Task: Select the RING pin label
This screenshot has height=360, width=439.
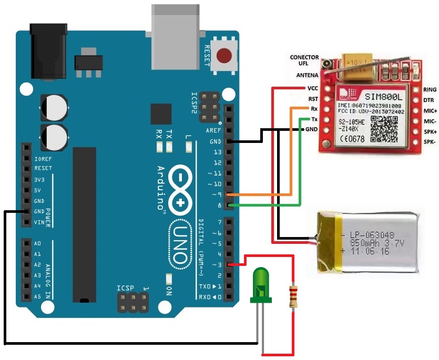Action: point(430,90)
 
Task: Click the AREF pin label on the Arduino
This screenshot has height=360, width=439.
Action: point(213,130)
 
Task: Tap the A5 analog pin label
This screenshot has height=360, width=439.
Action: point(37,296)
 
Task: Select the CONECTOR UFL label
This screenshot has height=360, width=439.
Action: point(304,60)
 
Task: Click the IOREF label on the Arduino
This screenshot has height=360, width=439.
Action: point(43,158)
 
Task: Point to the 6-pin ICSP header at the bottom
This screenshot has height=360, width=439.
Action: point(131,302)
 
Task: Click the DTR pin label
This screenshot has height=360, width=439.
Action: point(428,100)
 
